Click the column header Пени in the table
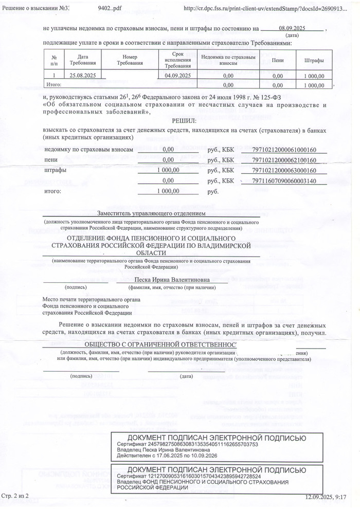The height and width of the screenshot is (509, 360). pyautogui.click(x=277, y=60)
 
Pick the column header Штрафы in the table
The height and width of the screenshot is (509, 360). pyautogui.click(x=314, y=60)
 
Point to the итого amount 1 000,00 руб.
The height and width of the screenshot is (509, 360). pyautogui.click(x=168, y=191)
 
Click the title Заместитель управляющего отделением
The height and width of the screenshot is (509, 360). pyautogui.click(x=151, y=213)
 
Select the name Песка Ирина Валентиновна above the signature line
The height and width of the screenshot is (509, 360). pyautogui.click(x=172, y=279)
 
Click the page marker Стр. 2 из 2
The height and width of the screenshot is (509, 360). pyautogui.click(x=16, y=496)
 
